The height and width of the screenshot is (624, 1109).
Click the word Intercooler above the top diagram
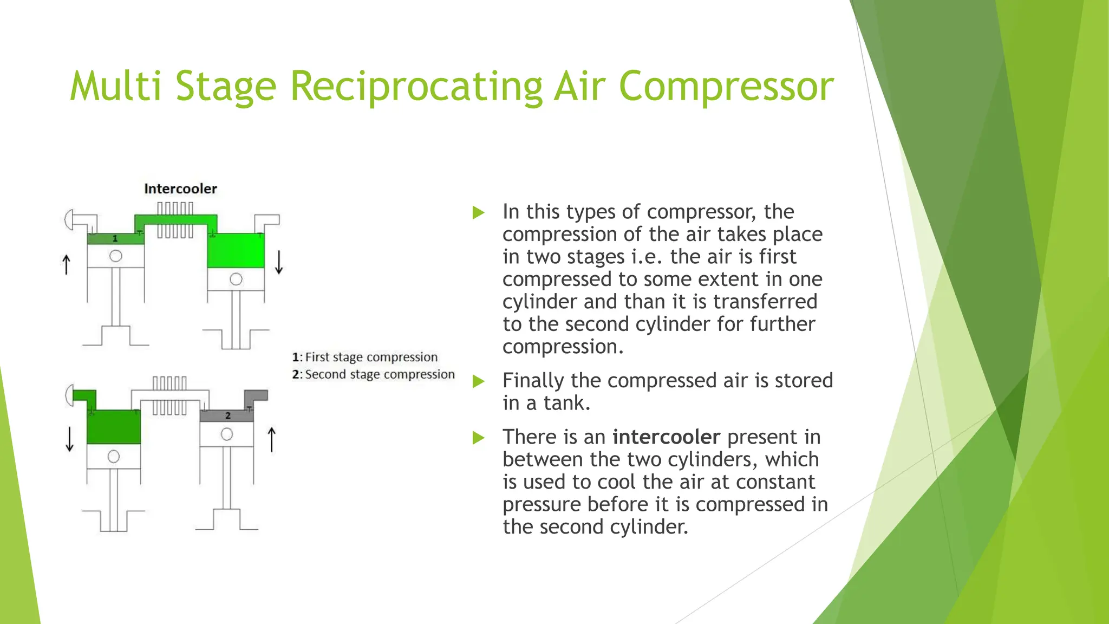point(180,188)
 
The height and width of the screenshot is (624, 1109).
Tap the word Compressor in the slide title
point(726,87)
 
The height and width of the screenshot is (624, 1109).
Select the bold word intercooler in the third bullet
point(666,437)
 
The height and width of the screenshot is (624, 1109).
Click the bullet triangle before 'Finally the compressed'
point(478,381)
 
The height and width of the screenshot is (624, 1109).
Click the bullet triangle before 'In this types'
point(478,212)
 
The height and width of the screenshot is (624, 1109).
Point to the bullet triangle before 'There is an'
point(478,438)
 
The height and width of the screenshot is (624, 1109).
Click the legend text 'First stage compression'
point(371,357)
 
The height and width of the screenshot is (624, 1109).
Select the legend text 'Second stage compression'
point(380,374)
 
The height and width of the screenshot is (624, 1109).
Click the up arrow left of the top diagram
point(66,265)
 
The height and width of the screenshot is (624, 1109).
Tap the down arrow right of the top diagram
point(279,262)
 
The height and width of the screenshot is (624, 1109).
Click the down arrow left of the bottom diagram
point(69,439)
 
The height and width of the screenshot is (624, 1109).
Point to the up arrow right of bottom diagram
point(272,439)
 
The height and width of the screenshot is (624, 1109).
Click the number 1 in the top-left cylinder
point(115,238)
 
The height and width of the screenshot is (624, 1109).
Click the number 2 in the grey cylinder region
point(228,415)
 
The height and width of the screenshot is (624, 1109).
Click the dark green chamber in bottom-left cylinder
point(114,427)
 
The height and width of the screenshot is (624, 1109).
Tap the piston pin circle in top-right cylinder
point(236,279)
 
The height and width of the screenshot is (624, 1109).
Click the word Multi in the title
point(115,87)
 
